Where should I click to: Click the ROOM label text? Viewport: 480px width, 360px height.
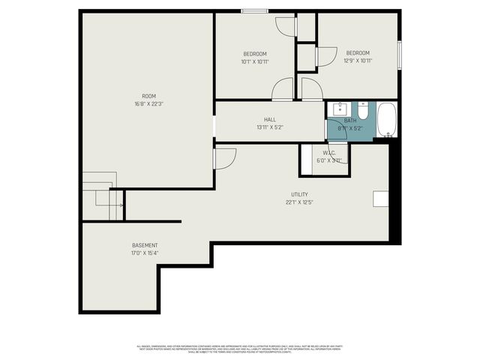coord(149,95)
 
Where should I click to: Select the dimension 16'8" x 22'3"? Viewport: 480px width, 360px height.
coord(149,103)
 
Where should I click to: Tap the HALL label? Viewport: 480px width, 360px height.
coord(269,119)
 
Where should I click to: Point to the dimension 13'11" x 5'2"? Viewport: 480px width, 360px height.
coord(269,127)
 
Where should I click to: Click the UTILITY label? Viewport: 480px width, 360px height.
coord(299,194)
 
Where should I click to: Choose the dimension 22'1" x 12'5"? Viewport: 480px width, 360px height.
coord(299,202)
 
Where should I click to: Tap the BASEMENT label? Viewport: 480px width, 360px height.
coord(145,245)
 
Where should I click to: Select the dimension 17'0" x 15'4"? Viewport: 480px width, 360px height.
coord(145,253)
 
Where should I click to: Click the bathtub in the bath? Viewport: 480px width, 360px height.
coord(385,120)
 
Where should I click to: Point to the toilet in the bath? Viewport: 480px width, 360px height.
coord(362,112)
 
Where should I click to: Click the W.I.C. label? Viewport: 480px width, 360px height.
coord(329,152)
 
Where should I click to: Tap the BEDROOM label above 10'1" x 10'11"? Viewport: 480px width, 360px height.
coord(255,54)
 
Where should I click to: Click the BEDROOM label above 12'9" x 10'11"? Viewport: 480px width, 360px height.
coord(357,52)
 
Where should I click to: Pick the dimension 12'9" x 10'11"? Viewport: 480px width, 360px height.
coord(357,61)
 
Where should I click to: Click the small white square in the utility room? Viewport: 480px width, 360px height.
coord(380,198)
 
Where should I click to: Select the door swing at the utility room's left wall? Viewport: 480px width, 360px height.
coord(224,157)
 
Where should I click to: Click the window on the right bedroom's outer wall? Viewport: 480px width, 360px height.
coord(399,54)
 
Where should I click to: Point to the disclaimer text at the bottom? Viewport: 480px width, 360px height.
coord(240,349)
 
